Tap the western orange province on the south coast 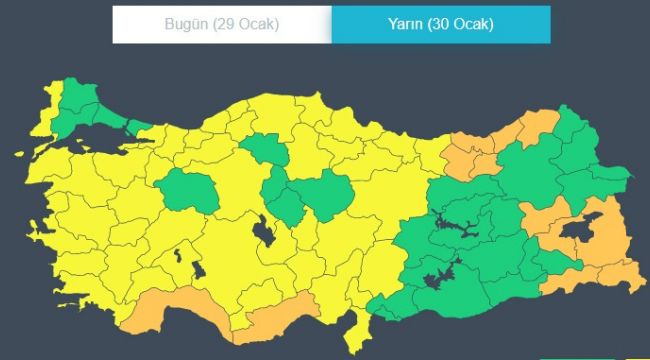160,311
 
